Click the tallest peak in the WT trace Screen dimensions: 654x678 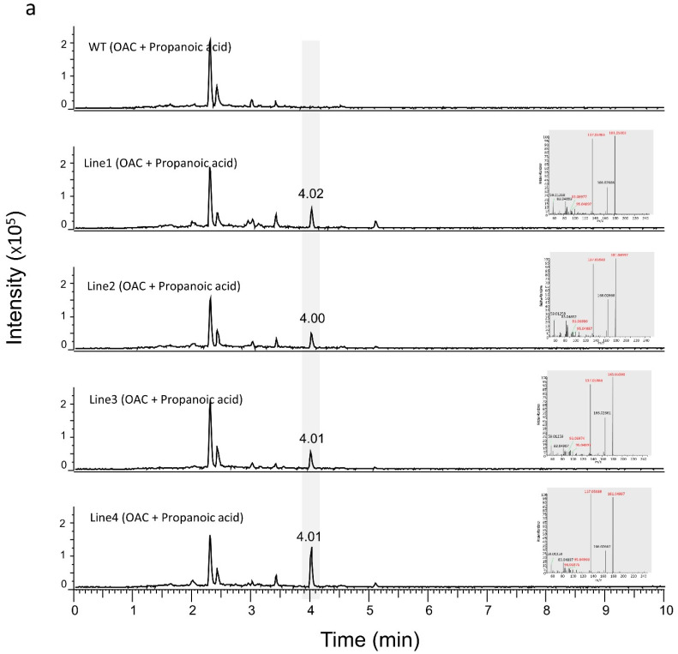click(x=210, y=60)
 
